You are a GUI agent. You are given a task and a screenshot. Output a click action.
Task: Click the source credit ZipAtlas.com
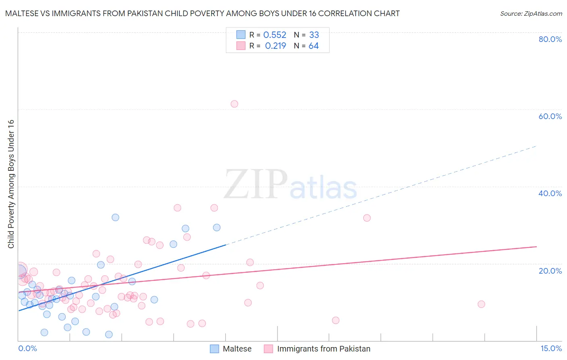[531, 14]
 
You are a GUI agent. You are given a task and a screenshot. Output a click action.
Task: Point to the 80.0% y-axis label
[550, 39]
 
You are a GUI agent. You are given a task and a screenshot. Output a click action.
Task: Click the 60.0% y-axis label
[550, 116]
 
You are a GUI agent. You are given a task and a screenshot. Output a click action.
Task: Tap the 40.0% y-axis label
[550, 193]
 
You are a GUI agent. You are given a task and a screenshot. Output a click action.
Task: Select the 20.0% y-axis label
[550, 271]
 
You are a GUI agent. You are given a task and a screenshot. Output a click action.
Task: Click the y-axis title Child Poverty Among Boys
[11, 184]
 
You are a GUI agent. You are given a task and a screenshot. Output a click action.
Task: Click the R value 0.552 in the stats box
[275, 35]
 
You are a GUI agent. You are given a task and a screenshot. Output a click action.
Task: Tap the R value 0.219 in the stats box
[275, 46]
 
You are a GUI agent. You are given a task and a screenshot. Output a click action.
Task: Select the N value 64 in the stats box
[314, 46]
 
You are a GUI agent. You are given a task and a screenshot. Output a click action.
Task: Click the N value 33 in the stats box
[314, 35]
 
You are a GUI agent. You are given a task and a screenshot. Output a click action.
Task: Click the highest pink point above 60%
[234, 104]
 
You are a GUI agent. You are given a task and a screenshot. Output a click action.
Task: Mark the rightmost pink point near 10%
[481, 304]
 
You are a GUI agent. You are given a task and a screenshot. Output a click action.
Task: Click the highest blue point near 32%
[115, 218]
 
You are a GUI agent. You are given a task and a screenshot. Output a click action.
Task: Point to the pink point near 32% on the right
[367, 218]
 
